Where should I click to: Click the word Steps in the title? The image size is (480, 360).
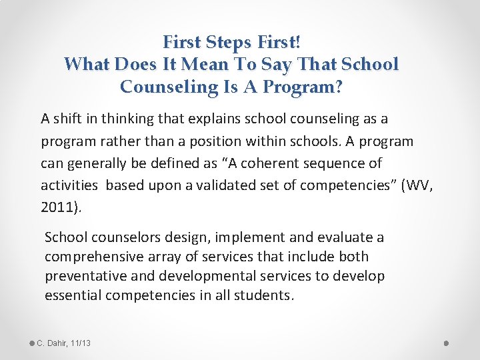[x=229, y=43]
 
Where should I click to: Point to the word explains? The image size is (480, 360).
[x=176, y=119]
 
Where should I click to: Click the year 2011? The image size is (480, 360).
[x=58, y=207]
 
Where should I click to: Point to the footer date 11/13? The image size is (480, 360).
[x=80, y=343]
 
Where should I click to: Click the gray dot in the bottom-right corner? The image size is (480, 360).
[x=447, y=343]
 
